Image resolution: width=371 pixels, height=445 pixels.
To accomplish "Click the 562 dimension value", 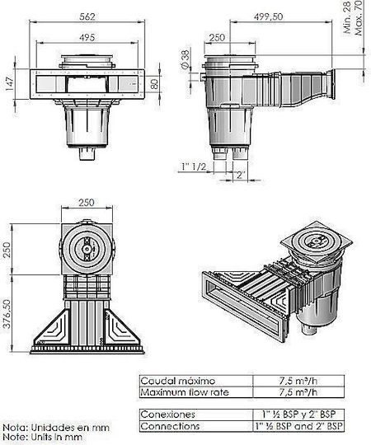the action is [87, 16].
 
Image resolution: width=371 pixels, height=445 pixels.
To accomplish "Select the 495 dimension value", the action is [87, 37].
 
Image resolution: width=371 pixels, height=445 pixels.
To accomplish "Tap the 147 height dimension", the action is [9, 84].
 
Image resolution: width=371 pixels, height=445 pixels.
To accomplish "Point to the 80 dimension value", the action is [154, 84].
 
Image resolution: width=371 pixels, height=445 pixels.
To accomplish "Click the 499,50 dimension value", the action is [268, 16].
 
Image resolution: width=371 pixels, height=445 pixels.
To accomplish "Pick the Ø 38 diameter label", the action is [185, 59].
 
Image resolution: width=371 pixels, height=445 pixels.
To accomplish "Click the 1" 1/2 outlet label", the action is [194, 166].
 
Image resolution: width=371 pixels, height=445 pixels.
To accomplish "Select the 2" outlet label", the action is [241, 174].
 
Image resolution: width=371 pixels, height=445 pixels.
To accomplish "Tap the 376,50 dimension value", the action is [7, 314].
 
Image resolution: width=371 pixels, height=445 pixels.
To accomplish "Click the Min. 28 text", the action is [347, 17].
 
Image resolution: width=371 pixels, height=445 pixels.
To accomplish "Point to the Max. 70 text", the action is [359, 17].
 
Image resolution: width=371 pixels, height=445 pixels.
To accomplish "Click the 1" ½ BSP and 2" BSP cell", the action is [298, 426].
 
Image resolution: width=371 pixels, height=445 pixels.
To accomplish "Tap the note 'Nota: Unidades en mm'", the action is [56, 428].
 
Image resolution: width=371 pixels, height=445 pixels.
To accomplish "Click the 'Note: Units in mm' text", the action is [43, 438].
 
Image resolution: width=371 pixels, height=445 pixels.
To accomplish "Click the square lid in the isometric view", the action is [317, 241].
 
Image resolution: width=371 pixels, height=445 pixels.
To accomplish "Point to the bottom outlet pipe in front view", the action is [87, 154].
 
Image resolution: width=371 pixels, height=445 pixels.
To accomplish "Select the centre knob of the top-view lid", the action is [87, 249].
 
